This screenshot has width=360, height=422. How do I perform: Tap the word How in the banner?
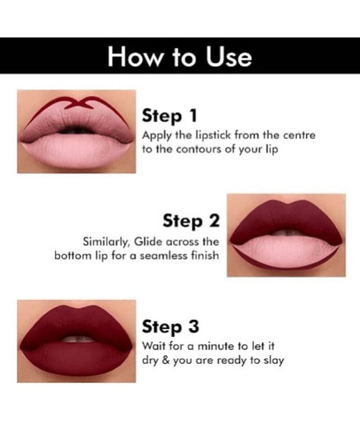click(x=134, y=57)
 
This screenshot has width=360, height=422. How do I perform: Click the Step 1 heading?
click(x=169, y=116)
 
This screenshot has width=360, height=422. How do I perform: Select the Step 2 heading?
click(x=191, y=221)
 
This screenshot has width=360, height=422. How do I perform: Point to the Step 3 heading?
click(x=170, y=327)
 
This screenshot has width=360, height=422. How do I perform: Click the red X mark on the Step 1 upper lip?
click(x=80, y=103)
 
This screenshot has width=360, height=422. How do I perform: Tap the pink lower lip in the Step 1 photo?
click(x=76, y=151)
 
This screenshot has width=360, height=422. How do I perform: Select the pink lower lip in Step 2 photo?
click(x=286, y=252)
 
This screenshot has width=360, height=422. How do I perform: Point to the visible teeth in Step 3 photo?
click(x=78, y=339)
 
